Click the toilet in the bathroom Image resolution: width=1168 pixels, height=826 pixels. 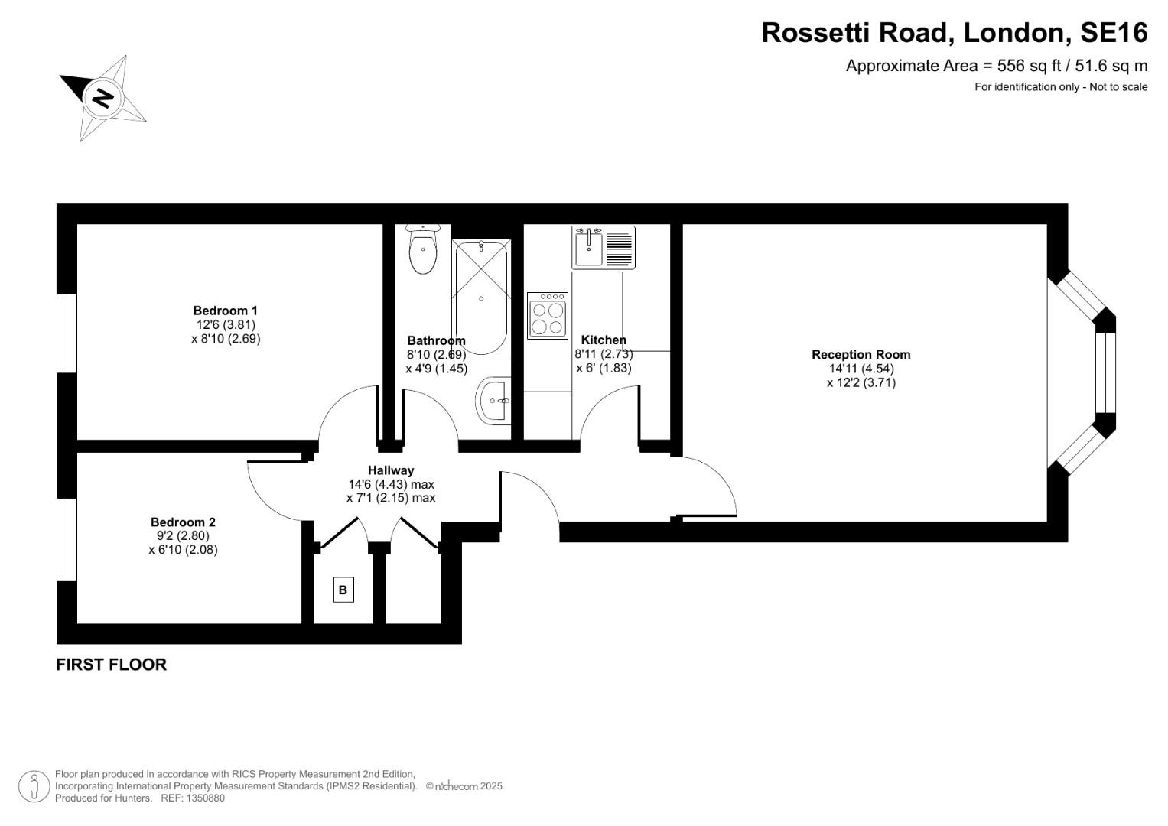422,250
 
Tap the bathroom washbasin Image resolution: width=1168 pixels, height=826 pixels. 493,400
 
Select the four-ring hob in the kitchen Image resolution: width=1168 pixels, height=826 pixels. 548,316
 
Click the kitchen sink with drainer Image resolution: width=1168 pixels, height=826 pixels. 604,247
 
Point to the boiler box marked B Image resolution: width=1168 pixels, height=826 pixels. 343,590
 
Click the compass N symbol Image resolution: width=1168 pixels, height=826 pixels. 102,98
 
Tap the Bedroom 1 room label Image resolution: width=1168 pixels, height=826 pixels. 225,311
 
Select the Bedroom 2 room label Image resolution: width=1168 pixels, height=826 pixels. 183,522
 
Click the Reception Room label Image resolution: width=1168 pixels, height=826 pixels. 861,355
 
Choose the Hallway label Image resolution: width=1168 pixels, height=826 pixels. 390,470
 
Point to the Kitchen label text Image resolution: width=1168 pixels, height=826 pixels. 604,340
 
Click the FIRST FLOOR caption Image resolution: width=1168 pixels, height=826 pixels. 112,665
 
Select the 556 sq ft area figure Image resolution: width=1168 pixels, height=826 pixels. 1010,66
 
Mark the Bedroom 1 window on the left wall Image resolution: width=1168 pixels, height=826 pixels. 67,333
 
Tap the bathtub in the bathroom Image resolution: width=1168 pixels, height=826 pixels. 481,297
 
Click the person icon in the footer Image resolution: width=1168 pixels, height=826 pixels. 34,785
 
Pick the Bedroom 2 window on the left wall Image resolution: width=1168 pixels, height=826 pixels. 67,539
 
